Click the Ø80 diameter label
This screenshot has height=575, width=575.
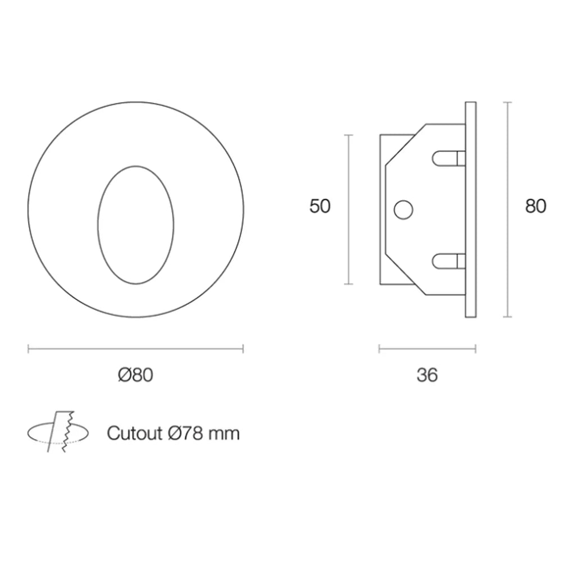pos(135,375)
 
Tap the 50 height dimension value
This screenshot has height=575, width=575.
pos(320,206)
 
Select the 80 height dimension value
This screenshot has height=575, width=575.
pos(535,206)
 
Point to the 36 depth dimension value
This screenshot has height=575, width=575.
pos(427,375)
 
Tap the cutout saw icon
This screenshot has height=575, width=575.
pos(59,432)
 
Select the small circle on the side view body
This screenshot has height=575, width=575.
pos(403,209)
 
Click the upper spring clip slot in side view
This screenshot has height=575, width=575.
pos(449,159)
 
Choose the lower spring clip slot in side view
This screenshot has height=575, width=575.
pos(449,261)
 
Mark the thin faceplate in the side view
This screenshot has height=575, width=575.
pos(471,209)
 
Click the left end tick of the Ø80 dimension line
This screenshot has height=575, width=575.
pos(29,349)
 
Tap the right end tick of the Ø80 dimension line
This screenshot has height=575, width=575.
pos(243,349)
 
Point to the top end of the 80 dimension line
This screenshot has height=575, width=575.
pos(508,103)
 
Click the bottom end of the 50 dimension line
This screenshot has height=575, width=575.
pos(349,284)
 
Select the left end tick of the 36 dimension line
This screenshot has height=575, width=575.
pos(380,349)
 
